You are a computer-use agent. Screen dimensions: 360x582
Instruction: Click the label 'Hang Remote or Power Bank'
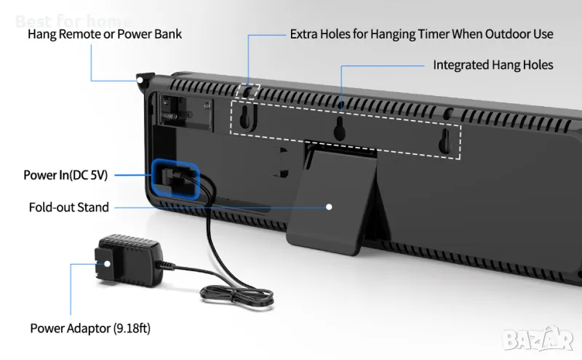click(x=105, y=34)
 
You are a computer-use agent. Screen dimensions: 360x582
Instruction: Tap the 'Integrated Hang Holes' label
click(x=493, y=65)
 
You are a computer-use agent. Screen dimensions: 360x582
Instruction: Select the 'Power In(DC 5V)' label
click(x=65, y=175)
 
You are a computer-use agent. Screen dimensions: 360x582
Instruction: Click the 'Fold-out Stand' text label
click(x=69, y=207)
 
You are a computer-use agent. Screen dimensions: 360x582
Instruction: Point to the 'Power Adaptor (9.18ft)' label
click(x=90, y=328)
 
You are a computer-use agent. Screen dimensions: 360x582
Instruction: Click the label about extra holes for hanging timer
click(x=421, y=34)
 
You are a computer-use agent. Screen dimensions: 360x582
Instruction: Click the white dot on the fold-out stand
click(x=329, y=207)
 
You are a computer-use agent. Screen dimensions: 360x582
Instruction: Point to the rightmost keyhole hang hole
click(x=444, y=142)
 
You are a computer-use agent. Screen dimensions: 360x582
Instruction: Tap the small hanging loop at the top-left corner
click(x=143, y=78)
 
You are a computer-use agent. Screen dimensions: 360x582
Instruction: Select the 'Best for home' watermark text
click(x=73, y=21)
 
